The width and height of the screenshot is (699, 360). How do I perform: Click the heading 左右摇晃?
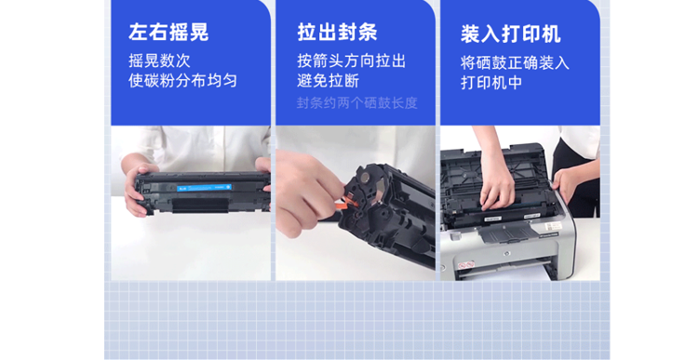[168, 32]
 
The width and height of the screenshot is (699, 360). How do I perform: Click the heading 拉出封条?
[338, 32]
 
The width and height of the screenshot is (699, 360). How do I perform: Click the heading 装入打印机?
[510, 34]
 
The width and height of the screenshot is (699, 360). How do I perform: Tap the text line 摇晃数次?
[159, 60]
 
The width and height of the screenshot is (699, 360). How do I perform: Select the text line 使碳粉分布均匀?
[182, 81]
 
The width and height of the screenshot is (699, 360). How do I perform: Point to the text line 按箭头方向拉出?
[351, 61]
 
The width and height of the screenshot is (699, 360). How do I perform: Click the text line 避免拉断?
[329, 81]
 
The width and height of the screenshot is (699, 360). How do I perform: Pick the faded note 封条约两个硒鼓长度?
[357, 103]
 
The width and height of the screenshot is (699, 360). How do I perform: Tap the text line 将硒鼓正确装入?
[515, 63]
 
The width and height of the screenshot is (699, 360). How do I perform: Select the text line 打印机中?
[491, 83]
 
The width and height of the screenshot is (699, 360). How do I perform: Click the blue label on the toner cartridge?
[204, 188]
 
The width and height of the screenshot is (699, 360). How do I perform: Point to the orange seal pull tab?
[349, 204]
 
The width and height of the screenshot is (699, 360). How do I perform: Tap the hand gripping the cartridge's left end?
[137, 189]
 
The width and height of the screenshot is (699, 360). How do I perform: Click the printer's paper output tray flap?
[505, 232]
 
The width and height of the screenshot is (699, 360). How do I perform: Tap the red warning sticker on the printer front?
[465, 265]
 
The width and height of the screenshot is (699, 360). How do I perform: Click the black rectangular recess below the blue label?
[200, 205]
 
